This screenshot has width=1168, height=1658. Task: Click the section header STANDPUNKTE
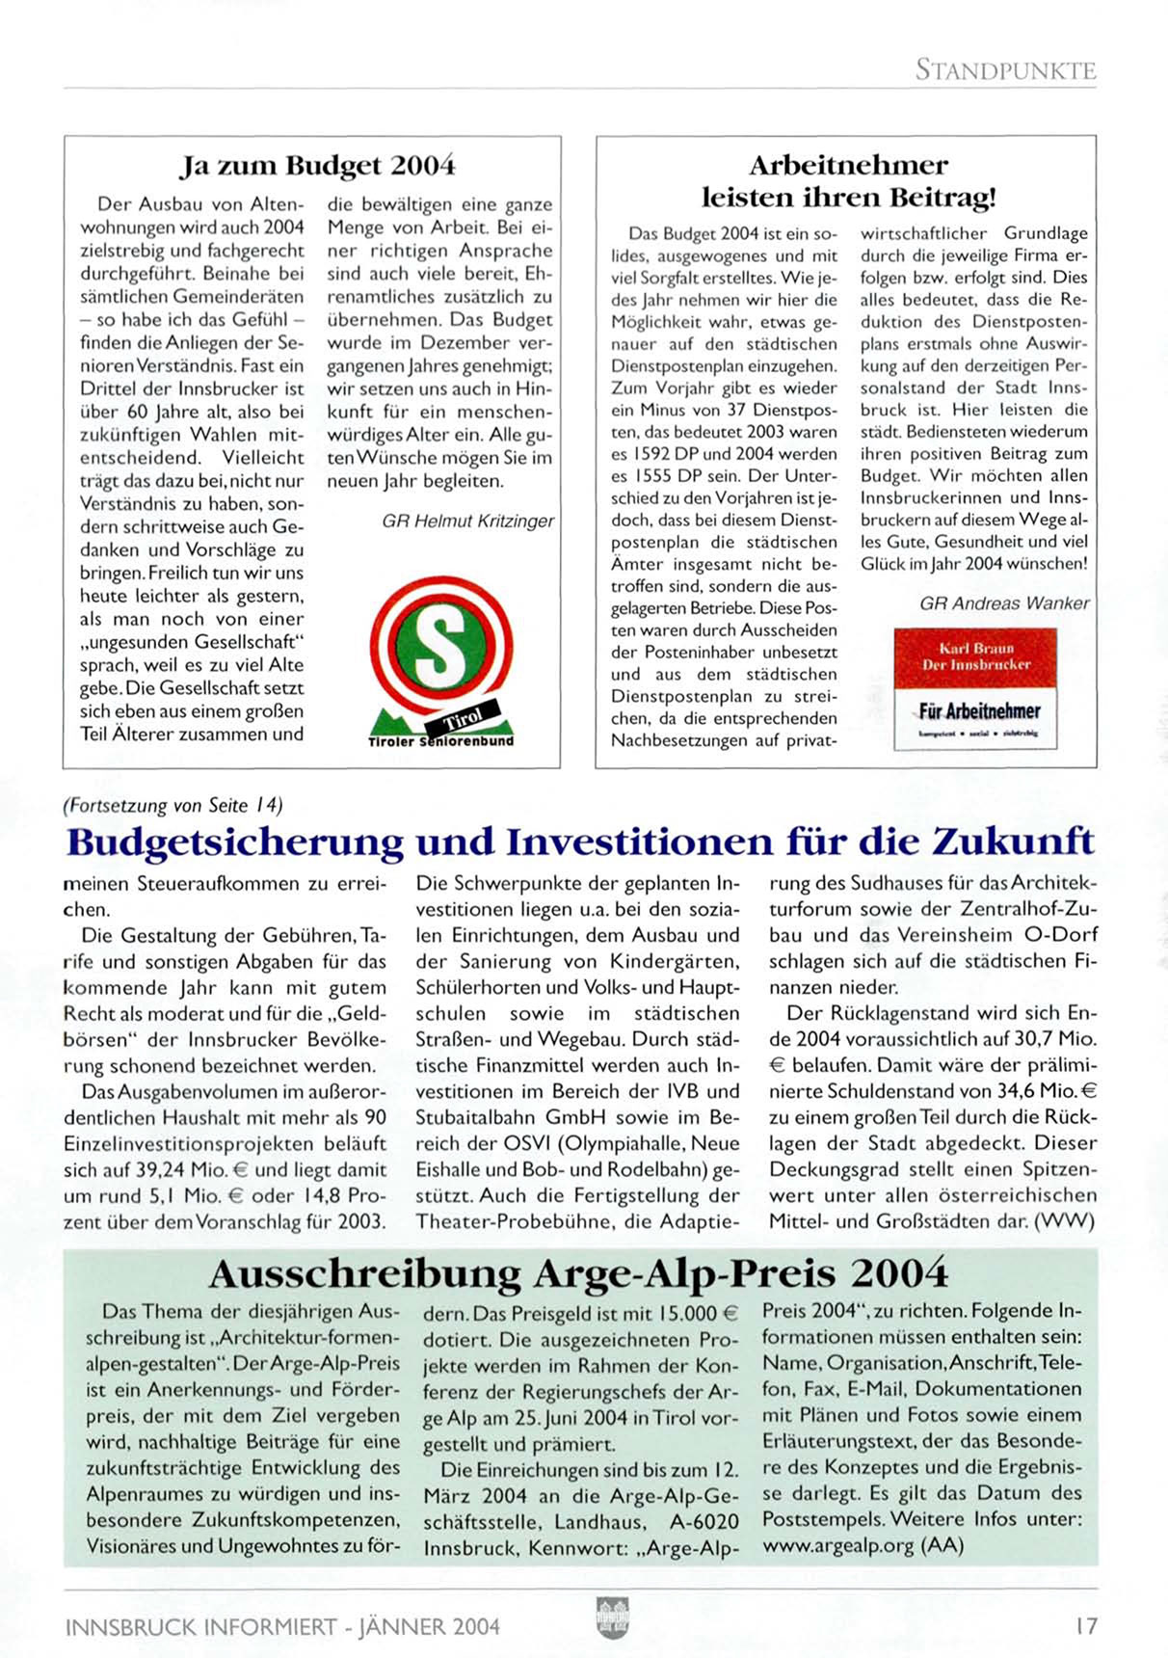pyautogui.click(x=1005, y=69)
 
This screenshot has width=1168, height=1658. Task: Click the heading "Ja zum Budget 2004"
pyautogui.click(x=318, y=166)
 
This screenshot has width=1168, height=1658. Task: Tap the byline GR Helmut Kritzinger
pyautogui.click(x=467, y=521)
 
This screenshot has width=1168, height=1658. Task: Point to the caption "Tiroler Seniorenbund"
pyautogui.click(x=440, y=741)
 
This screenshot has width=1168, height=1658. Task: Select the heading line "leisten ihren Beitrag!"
pyautogui.click(x=847, y=198)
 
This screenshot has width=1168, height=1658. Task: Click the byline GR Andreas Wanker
pyautogui.click(x=1004, y=603)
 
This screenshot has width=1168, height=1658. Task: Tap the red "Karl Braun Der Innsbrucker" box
pyautogui.click(x=975, y=657)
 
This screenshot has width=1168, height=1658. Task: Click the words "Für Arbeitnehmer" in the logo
pyautogui.click(x=979, y=711)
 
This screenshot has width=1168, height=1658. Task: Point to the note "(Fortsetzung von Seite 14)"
pyautogui.click(x=172, y=805)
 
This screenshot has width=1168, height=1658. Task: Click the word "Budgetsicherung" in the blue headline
pyautogui.click(x=235, y=842)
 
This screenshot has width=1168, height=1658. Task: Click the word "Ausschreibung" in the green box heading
pyautogui.click(x=365, y=1274)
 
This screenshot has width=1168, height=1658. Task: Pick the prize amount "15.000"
pyautogui.click(x=688, y=1314)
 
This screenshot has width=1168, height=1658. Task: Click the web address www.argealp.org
pyautogui.click(x=837, y=1545)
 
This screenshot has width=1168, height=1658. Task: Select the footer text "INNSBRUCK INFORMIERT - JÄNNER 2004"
pyautogui.click(x=282, y=1627)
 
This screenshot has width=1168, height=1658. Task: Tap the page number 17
pyautogui.click(x=1085, y=1626)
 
